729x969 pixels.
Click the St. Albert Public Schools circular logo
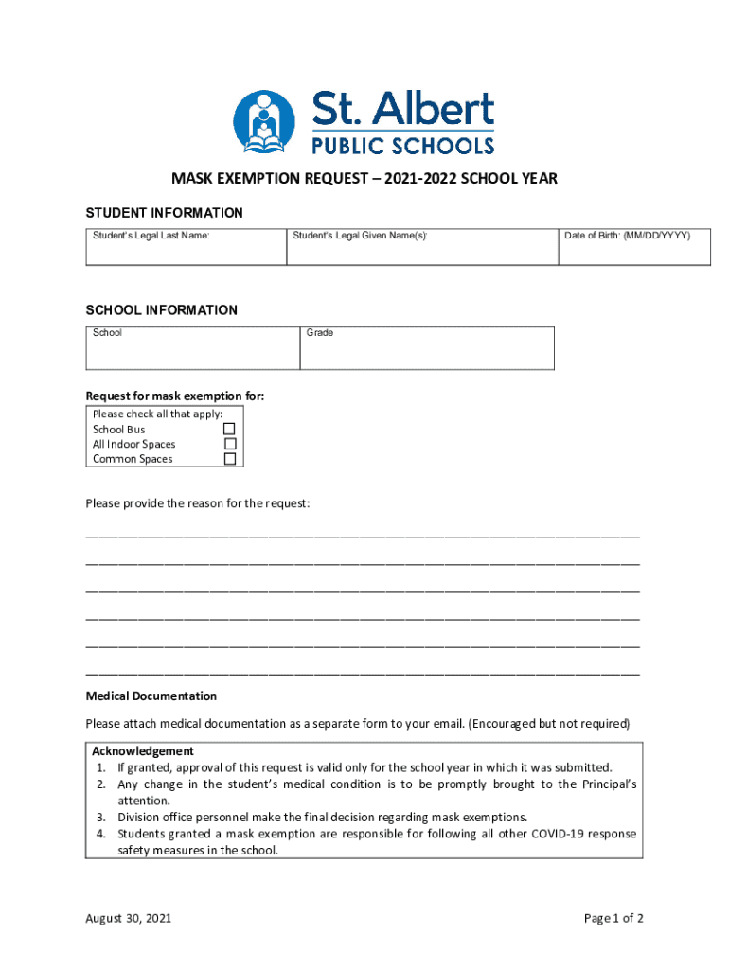(264, 122)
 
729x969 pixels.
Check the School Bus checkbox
(229, 429)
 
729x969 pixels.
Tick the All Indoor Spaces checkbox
(229, 444)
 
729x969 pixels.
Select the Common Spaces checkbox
(229, 459)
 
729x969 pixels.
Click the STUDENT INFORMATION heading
(165, 213)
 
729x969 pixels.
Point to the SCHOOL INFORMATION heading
(162, 310)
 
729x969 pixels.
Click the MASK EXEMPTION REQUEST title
(364, 178)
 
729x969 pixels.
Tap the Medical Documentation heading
(151, 696)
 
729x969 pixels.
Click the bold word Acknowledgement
(143, 751)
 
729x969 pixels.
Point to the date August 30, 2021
(129, 918)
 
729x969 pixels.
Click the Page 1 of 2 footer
(613, 918)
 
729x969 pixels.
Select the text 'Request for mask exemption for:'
(175, 396)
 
